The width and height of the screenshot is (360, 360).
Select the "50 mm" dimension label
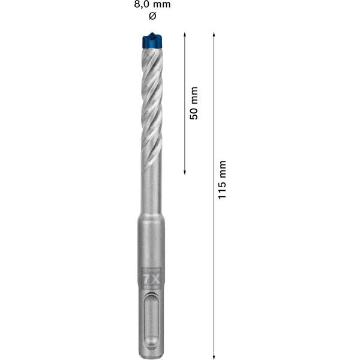coord(193,103)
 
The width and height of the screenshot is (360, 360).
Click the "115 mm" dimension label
coord(222,180)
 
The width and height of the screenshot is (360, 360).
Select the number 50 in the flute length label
coord(193,112)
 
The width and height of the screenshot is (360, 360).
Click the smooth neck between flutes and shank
coord(151,192)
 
